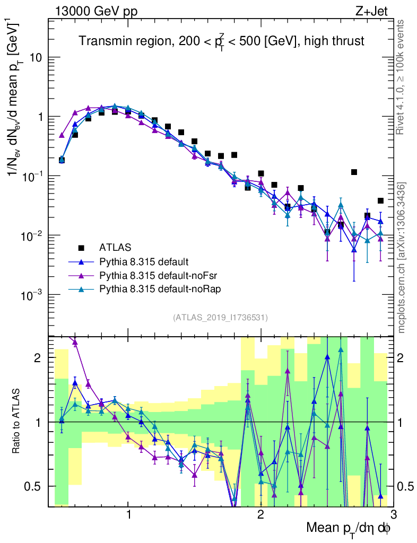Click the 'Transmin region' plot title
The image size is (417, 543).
click(x=222, y=41)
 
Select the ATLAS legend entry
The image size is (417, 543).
click(x=115, y=247)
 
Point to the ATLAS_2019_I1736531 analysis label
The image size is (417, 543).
click(x=220, y=318)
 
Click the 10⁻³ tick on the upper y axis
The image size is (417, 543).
click(x=33, y=295)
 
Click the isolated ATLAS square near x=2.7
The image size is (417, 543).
click(x=354, y=172)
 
